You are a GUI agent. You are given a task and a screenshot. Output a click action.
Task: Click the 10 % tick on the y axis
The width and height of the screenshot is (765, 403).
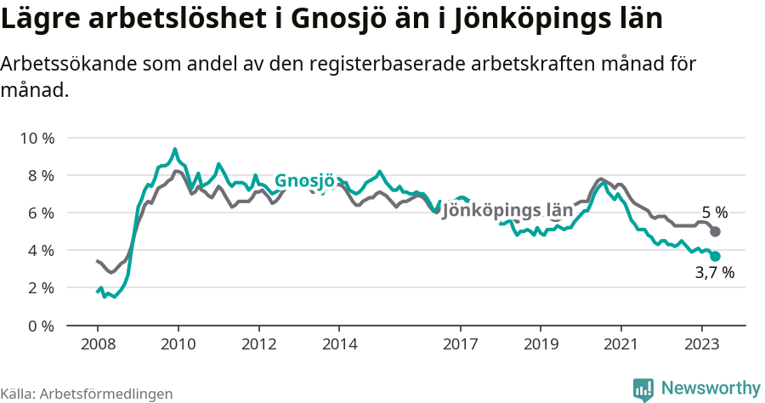pos(37,138)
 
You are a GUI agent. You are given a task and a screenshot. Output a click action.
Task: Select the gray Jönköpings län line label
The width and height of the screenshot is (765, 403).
pos(507,210)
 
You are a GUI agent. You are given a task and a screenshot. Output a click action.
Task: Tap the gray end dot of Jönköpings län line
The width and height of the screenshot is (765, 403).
pos(716,231)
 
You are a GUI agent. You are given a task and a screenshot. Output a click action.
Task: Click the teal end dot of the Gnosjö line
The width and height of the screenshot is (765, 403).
pos(716,256)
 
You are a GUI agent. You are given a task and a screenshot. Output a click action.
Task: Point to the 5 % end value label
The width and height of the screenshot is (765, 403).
pos(714,213)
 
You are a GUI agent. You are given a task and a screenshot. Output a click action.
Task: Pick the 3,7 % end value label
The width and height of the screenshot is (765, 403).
pos(714,273)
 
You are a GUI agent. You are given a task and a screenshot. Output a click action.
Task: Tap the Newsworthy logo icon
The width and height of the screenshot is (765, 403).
pos(643,389)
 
